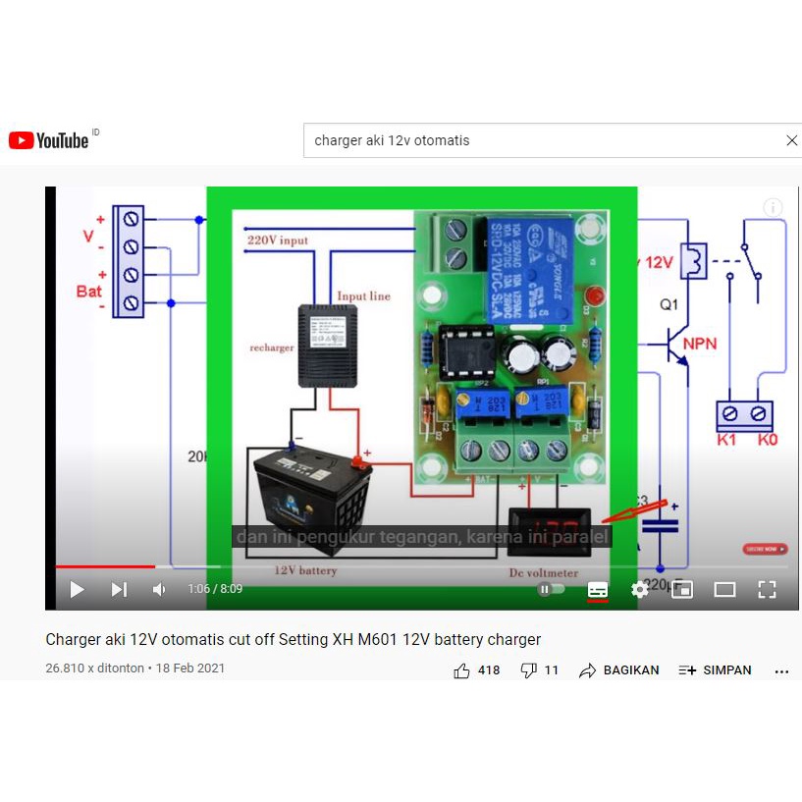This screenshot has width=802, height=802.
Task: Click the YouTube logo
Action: click(x=49, y=140)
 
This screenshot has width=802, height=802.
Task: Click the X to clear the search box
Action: click(x=792, y=140)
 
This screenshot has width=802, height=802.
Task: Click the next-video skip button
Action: click(x=119, y=589)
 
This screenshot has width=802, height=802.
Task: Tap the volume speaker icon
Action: click(x=159, y=589)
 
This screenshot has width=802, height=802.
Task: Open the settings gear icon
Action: click(x=639, y=589)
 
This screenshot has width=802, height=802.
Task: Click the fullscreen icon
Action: click(x=767, y=589)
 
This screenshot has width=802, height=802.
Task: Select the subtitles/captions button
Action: click(x=597, y=589)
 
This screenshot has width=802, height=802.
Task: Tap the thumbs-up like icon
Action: click(x=462, y=670)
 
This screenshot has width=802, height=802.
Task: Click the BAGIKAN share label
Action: click(x=630, y=670)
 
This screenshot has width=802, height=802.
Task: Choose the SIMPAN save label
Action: click(x=726, y=670)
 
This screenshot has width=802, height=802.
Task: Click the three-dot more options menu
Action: click(x=781, y=671)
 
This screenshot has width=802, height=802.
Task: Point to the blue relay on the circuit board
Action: click(x=530, y=265)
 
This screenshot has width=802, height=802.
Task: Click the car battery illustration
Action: click(x=312, y=496)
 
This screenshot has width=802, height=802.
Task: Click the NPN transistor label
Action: click(x=700, y=344)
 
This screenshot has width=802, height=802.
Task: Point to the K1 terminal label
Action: click(x=726, y=440)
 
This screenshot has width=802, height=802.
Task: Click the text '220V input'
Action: click(x=278, y=240)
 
